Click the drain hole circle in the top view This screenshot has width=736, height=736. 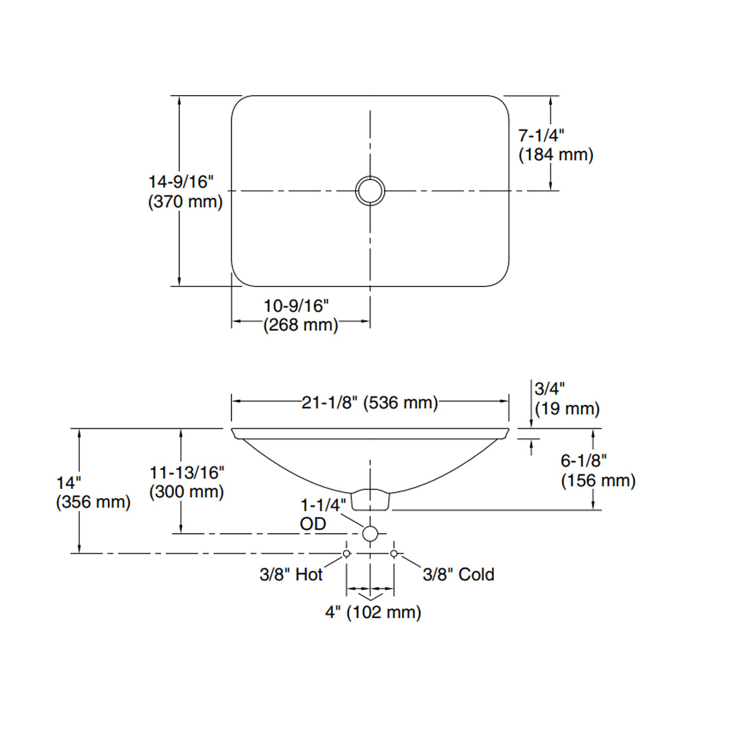(370, 190)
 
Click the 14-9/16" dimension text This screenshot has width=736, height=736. (181, 182)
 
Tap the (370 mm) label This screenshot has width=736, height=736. (185, 202)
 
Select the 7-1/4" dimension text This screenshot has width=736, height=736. (541, 136)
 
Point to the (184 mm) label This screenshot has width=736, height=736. (556, 155)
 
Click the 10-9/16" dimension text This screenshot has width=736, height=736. (296, 305)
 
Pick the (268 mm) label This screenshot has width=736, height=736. (301, 325)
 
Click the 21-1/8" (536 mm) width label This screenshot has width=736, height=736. (370, 402)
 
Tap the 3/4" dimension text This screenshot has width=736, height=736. (550, 389)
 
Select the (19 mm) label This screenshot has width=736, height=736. (567, 408)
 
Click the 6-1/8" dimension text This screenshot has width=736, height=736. (583, 461)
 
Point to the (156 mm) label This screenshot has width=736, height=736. (598, 480)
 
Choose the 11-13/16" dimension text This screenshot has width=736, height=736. (187, 473)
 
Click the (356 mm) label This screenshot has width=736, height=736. (93, 502)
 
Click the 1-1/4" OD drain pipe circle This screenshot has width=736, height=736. (370, 534)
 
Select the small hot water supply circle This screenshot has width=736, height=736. (347, 553)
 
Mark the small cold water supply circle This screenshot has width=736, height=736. (394, 553)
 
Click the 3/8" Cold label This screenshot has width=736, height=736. (458, 575)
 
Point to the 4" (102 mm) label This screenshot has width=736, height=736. (373, 612)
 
